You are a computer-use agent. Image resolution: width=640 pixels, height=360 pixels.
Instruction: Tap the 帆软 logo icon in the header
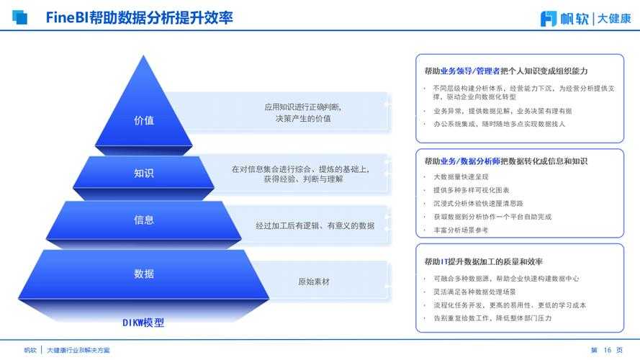[549, 18]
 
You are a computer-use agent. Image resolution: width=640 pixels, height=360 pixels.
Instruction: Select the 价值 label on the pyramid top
[144, 120]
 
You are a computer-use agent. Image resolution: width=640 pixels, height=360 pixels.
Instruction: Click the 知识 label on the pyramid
[144, 173]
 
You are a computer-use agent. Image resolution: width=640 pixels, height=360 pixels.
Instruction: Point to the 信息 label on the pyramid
[144, 220]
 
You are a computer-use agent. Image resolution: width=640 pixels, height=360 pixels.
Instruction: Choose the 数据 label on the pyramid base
[144, 274]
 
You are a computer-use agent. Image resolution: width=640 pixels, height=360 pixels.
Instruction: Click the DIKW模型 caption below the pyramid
[144, 323]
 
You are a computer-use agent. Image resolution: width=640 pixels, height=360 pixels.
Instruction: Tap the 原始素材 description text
[314, 282]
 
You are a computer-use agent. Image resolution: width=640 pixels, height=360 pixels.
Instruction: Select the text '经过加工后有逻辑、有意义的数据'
[315, 225]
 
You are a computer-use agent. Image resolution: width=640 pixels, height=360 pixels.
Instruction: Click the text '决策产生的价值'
[302, 119]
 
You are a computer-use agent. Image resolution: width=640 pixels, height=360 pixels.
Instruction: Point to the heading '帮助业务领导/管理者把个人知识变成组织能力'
[506, 71]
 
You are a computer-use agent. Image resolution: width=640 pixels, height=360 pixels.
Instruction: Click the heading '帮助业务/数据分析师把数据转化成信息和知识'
[506, 161]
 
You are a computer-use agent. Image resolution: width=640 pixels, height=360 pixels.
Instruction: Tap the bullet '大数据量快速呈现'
[461, 176]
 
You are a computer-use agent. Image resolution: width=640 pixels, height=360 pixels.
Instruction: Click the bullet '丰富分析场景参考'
[461, 230]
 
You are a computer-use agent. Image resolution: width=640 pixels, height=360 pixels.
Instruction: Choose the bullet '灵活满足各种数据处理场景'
[474, 292]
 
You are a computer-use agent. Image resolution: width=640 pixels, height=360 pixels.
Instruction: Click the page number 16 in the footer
[607, 350]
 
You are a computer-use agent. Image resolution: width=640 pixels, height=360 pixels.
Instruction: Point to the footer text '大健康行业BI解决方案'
[78, 350]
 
